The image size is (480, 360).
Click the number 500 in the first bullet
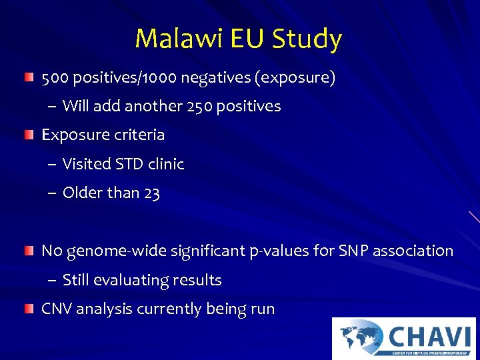point(55,78)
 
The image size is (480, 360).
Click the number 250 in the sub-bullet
point(207,107)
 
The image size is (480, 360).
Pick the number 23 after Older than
point(151,193)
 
